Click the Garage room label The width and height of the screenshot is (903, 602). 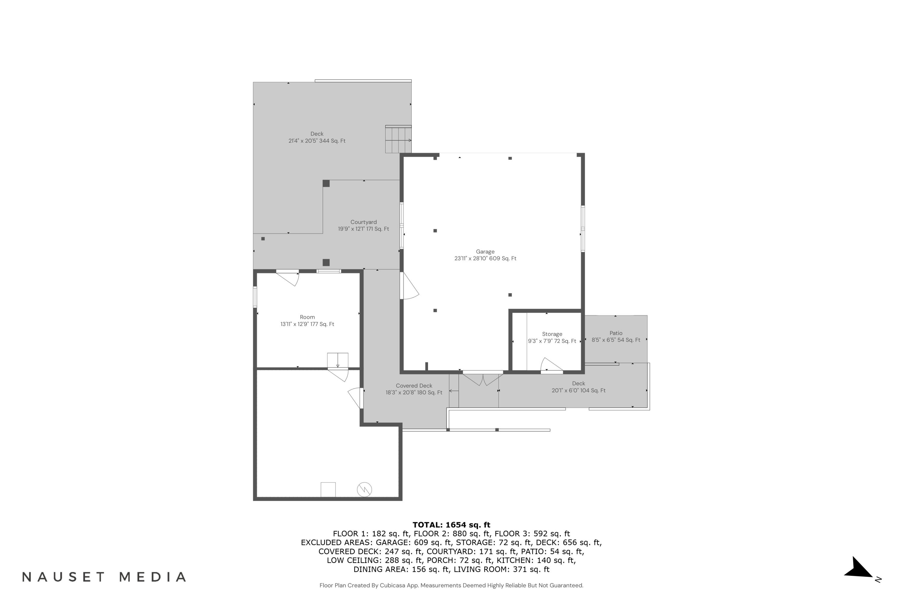(x=485, y=255)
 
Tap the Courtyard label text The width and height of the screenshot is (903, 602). (x=363, y=225)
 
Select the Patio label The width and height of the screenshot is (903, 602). (x=616, y=336)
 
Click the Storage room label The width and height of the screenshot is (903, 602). (x=552, y=337)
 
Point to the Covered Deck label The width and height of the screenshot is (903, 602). (x=414, y=389)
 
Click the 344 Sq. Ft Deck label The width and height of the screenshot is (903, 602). (x=317, y=137)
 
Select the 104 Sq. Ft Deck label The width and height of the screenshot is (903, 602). (x=578, y=386)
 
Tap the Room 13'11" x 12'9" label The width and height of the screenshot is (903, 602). (x=307, y=320)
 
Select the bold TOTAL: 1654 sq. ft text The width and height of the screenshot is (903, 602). (x=451, y=524)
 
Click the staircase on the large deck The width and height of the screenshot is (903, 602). (x=398, y=139)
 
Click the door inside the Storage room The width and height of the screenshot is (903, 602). (x=551, y=365)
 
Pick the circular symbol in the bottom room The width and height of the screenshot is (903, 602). (x=364, y=489)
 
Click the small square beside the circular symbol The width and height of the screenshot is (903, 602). (x=328, y=489)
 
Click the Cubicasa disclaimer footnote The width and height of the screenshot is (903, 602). (x=451, y=585)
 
